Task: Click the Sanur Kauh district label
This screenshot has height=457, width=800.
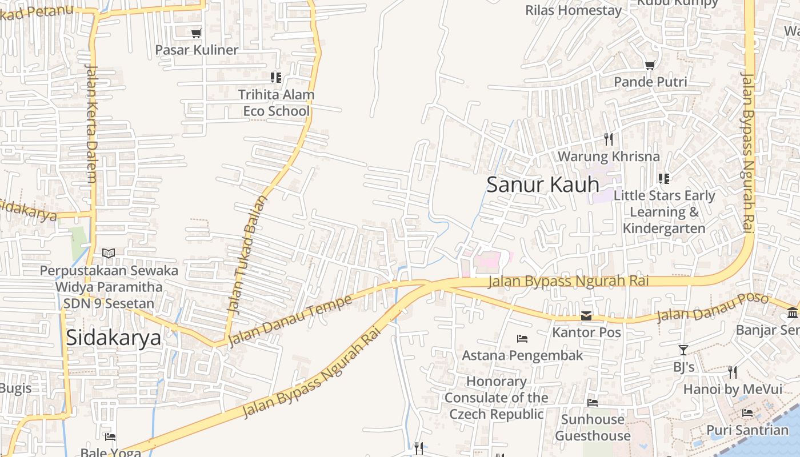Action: point(543,185)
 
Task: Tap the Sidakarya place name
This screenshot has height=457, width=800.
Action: point(114,337)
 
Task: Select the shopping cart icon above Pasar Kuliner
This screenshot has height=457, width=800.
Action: point(197,34)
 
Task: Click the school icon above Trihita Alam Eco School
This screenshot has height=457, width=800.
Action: point(276,77)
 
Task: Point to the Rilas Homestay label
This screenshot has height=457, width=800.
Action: point(573,10)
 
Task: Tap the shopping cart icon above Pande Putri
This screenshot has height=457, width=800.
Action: point(650,66)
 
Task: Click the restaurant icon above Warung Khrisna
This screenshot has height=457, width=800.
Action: point(609,139)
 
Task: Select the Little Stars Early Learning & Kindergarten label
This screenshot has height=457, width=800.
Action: point(664,212)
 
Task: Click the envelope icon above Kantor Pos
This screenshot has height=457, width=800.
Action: point(586,316)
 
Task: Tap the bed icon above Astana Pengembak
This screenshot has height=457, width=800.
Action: point(522,339)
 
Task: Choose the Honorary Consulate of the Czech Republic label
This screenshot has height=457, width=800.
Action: point(496,398)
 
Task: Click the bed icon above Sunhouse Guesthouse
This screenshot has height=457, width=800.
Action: point(593,403)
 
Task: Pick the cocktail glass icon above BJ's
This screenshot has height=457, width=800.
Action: point(683,350)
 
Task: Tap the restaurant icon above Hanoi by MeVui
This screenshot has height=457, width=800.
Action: point(733,372)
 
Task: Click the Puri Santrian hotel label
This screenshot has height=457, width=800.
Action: point(747,430)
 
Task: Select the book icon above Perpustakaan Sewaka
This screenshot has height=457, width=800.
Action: point(109,253)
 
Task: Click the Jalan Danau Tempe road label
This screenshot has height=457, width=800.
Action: point(290,321)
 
